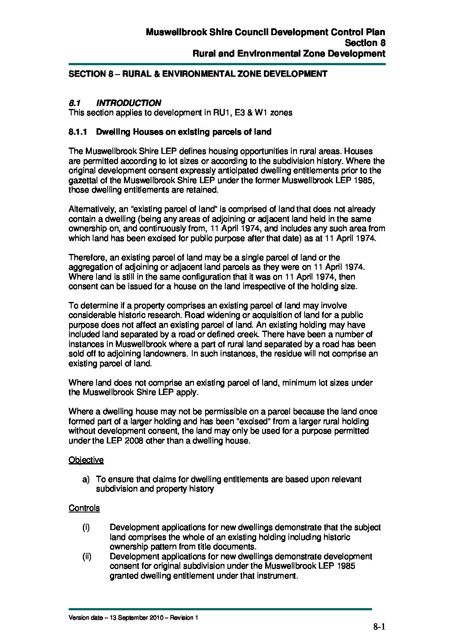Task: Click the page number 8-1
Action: coord(380,627)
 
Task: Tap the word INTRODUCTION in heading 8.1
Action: coord(129,103)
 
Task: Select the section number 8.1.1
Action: coord(78,132)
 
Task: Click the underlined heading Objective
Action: coord(86,460)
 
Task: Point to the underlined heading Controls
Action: coord(84,508)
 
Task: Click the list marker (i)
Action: coord(86,527)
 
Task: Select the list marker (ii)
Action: coord(86,557)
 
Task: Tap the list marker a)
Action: coord(86,479)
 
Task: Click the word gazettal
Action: coord(85,181)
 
